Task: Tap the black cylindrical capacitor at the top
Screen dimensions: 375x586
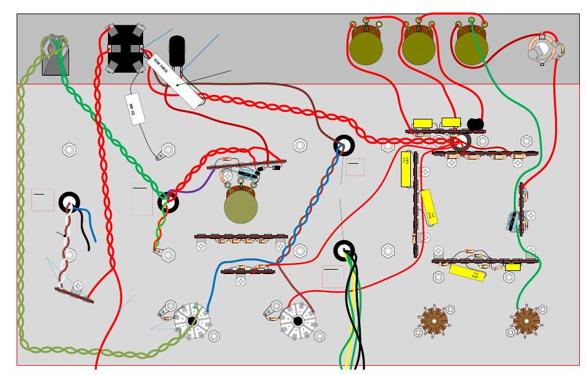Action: click(177, 49)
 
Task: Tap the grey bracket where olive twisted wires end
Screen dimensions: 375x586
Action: click(55, 56)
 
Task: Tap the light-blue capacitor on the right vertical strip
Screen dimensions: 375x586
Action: click(513, 221)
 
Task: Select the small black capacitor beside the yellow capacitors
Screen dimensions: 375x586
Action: click(475, 124)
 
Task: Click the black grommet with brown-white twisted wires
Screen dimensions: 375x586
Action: click(70, 202)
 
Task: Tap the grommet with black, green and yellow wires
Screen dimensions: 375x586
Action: click(345, 250)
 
